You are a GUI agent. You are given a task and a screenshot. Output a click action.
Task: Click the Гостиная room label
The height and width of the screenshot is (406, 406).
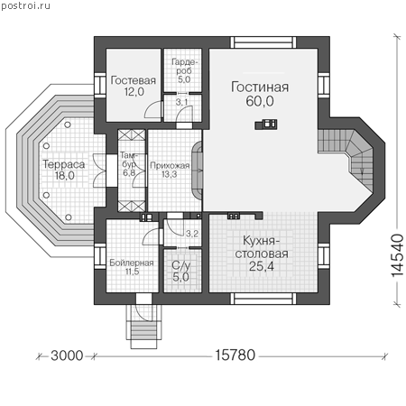click(x=260, y=87)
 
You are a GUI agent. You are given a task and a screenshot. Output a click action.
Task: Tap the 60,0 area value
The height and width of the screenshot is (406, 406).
click(x=260, y=101)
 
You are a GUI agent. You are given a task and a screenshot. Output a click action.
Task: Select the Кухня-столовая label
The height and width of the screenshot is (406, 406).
click(x=262, y=247)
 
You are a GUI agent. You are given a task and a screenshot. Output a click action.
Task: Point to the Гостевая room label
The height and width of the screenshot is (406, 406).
click(x=134, y=80)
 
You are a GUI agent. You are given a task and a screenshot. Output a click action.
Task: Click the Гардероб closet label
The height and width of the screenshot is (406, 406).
click(x=184, y=67)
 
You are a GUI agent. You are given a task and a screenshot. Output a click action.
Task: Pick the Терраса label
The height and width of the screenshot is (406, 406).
click(x=64, y=164)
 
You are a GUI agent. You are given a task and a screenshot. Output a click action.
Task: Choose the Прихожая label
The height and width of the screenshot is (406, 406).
click(x=170, y=166)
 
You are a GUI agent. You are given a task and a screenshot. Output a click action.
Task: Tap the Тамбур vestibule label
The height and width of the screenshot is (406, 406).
click(x=129, y=160)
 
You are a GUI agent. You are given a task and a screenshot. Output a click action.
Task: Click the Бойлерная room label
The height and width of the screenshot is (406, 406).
click(x=132, y=263)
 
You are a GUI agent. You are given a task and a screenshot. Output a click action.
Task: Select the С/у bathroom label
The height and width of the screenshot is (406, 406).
click(x=181, y=265)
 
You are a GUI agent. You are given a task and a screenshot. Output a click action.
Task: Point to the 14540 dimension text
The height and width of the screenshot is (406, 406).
click(x=397, y=255)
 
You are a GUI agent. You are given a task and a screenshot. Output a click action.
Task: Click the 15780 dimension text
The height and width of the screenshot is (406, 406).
click(x=235, y=355)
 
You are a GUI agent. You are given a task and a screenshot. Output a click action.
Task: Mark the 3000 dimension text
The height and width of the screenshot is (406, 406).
click(x=67, y=355)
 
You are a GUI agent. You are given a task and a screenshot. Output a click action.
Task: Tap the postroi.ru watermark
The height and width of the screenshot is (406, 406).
click(x=25, y=5)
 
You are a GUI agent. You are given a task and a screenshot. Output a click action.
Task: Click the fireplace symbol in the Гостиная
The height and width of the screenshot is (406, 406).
click(x=266, y=125)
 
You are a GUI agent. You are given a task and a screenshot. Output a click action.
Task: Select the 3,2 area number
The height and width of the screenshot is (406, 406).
click(x=192, y=234)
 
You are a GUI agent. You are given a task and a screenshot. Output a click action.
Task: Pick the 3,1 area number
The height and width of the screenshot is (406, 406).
click(x=181, y=102)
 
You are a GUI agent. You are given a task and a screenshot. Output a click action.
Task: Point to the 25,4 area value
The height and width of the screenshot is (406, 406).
click(x=262, y=266)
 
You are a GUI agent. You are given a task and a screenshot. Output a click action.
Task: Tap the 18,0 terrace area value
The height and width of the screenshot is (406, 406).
click(x=64, y=175)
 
